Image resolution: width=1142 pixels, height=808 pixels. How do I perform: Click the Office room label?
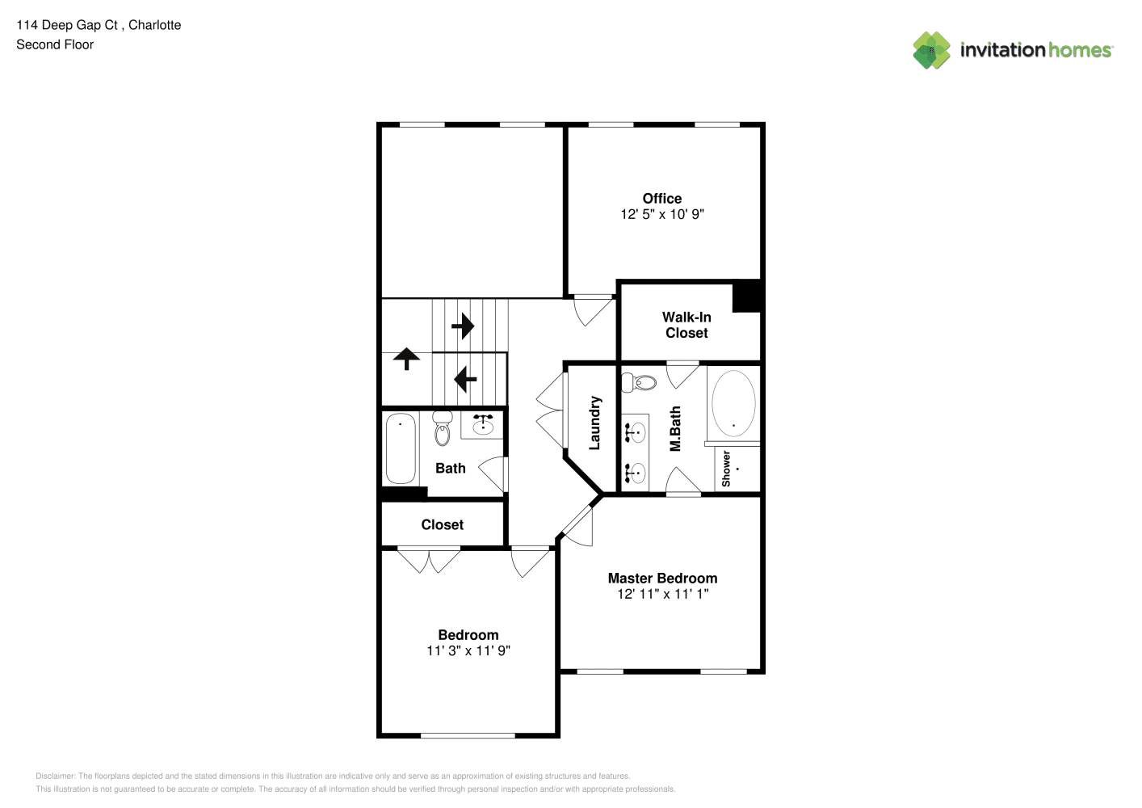(661, 199)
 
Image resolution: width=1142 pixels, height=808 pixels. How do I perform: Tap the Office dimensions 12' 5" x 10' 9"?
(661, 214)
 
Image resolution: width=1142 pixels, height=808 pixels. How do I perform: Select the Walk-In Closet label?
(686, 325)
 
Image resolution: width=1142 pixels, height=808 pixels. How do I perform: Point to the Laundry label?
(594, 423)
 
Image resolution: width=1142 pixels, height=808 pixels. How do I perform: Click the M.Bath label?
(675, 429)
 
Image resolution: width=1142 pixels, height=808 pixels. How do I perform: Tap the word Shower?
(726, 469)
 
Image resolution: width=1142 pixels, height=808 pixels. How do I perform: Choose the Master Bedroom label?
(662, 578)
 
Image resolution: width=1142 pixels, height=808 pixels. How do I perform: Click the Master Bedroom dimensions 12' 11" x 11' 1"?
(662, 594)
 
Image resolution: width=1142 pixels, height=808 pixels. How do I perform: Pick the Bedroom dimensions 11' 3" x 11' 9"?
(468, 650)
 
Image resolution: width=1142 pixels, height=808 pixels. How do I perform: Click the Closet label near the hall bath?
(442, 524)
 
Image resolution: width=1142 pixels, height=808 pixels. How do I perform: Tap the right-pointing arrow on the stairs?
(463, 326)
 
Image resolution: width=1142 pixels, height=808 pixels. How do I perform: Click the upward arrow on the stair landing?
(406, 359)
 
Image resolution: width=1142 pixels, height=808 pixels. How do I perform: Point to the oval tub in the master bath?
(733, 403)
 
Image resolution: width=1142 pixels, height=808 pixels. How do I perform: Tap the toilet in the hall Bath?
(442, 428)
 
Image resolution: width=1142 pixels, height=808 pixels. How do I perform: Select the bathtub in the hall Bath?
(401, 448)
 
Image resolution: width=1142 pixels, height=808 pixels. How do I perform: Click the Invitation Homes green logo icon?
(931, 50)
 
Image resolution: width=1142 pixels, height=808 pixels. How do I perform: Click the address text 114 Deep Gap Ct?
(67, 25)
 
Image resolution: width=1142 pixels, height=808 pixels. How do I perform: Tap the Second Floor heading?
(55, 44)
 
